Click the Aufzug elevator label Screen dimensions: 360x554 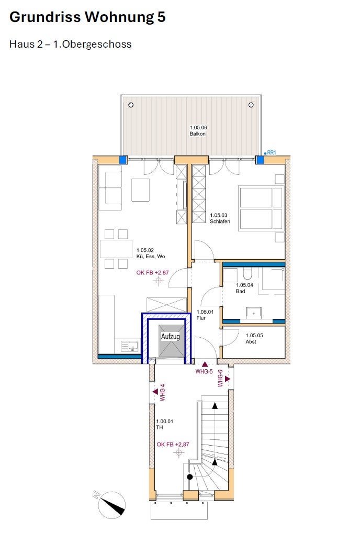point(171,336)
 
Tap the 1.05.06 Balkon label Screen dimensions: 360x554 point(198,131)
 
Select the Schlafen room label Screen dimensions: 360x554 point(220,221)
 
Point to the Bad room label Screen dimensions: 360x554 point(240,291)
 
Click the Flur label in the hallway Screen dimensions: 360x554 point(201,318)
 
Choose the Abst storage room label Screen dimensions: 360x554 point(251,341)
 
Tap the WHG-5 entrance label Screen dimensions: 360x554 point(204,372)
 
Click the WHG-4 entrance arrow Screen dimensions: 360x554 point(155,392)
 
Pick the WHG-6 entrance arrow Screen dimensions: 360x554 point(227,379)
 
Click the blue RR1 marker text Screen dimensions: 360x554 point(272,152)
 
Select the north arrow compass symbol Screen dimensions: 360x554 point(111,505)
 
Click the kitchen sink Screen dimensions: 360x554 point(130,346)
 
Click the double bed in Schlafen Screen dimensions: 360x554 point(261,208)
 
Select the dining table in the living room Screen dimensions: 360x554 point(116,249)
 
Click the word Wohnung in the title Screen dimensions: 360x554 point(120,17)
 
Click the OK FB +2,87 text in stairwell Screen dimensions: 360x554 point(173,445)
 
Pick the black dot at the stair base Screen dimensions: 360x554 point(190,477)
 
